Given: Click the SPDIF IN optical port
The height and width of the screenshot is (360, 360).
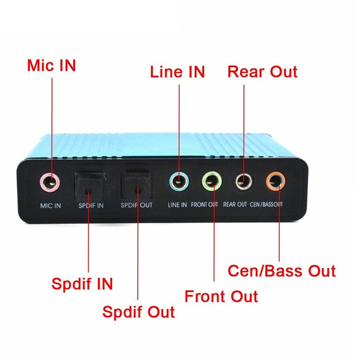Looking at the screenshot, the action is pyautogui.click(x=88, y=186).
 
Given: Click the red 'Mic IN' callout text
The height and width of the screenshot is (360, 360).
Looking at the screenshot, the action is pyautogui.click(x=51, y=66).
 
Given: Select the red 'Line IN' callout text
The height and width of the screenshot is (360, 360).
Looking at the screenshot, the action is pyautogui.click(x=177, y=72).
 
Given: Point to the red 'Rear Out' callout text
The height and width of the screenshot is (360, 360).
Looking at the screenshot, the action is pyautogui.click(x=262, y=71).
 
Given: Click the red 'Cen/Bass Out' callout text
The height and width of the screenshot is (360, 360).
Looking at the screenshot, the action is pyautogui.click(x=282, y=271).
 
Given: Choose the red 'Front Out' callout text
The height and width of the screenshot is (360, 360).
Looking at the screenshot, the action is pyautogui.click(x=221, y=296).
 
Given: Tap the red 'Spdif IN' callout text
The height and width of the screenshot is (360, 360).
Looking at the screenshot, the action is pyautogui.click(x=82, y=284).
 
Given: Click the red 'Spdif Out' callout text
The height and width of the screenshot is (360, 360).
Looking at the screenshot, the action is pyautogui.click(x=139, y=312).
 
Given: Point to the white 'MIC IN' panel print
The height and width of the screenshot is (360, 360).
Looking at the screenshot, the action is pyautogui.click(x=51, y=206).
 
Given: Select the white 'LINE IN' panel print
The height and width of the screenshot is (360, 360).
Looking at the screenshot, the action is pyautogui.click(x=177, y=205).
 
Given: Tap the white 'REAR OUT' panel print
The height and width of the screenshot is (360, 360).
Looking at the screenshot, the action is pyautogui.click(x=235, y=204).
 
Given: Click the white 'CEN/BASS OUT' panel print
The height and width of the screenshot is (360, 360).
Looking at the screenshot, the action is pyautogui.click(x=266, y=204).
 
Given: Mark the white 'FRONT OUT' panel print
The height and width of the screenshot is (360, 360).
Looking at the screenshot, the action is pyautogui.click(x=204, y=205).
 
